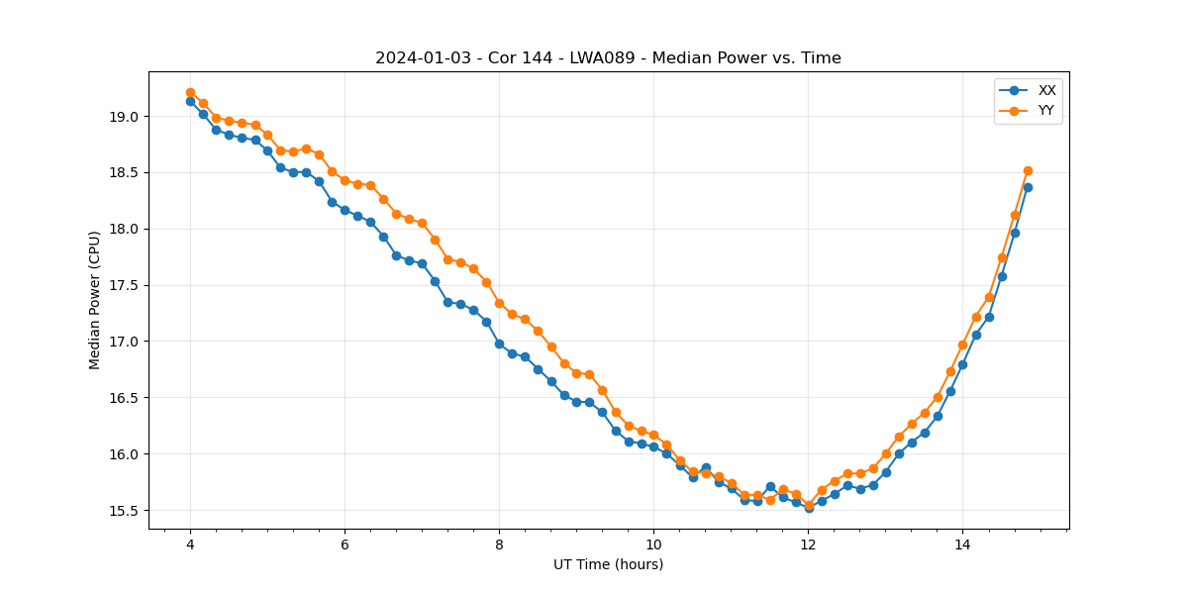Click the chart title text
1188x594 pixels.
point(608,58)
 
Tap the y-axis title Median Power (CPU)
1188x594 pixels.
point(95,300)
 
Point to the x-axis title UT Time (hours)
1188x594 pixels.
point(608,564)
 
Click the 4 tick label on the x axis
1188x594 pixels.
point(190,544)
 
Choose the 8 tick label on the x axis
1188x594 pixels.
point(499,544)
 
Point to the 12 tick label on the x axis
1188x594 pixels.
point(808,544)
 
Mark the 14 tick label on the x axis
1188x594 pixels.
point(962,544)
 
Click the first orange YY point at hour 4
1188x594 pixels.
point(190,92)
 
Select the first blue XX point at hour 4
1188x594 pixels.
point(190,101)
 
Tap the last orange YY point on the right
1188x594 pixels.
point(1028,170)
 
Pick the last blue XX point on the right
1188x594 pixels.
point(1028,187)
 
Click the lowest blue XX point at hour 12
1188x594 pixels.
point(809,508)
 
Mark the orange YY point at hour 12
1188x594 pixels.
point(809,504)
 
